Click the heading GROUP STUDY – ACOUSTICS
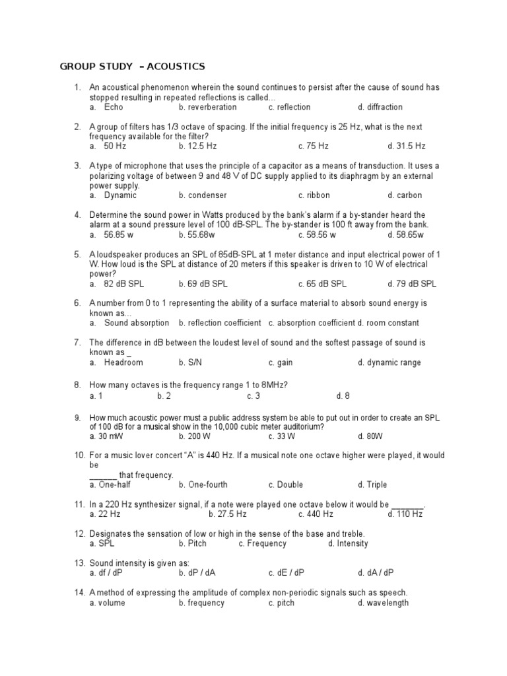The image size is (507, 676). (132, 67)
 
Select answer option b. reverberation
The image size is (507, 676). (207, 107)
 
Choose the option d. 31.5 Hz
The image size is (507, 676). (407, 146)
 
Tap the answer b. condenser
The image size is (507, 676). (203, 195)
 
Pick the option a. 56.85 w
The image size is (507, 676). (111, 234)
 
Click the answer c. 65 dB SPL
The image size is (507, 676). (322, 284)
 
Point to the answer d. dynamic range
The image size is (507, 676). (389, 362)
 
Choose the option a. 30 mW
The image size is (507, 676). (106, 436)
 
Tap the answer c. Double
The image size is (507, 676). (286, 485)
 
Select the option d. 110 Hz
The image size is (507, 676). (405, 514)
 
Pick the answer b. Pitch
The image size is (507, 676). (193, 543)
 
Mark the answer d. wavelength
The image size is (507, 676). (383, 603)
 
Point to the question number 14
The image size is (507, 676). (79, 592)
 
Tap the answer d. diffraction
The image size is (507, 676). (380, 107)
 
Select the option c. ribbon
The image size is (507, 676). (314, 195)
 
